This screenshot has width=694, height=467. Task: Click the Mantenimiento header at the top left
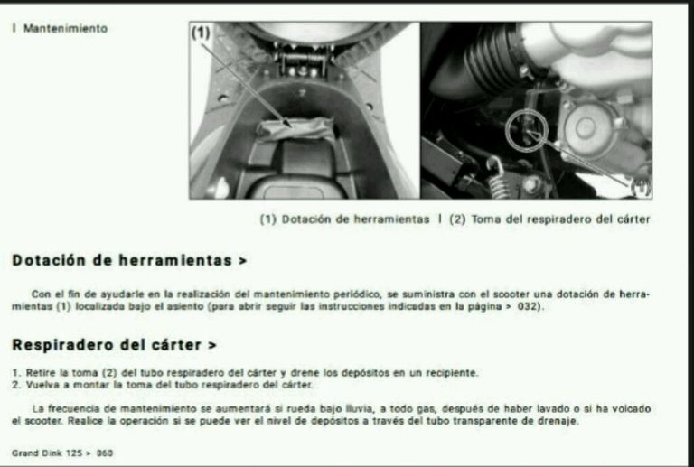(65, 29)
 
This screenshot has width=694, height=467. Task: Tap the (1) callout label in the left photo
(201, 33)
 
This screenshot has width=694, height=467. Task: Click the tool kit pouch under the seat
(295, 129)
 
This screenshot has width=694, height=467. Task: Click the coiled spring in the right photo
(498, 178)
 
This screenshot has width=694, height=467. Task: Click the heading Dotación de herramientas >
(129, 260)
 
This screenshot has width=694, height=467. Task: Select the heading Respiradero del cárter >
(114, 345)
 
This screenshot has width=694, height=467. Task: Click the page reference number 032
(528, 306)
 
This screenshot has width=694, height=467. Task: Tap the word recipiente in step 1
(452, 373)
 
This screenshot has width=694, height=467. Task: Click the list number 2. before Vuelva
(16, 385)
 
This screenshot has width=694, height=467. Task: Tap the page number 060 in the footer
(105, 453)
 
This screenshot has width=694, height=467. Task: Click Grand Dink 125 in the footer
(47, 453)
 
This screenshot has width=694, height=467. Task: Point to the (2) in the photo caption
(457, 219)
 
